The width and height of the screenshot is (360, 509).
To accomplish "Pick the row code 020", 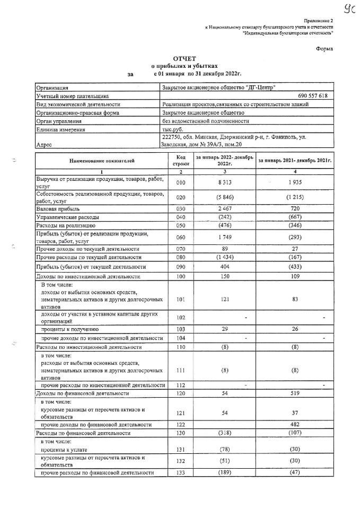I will tap(181, 197).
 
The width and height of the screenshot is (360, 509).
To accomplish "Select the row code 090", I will tap(181, 267).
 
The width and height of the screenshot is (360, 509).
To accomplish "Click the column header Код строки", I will tap(181, 160).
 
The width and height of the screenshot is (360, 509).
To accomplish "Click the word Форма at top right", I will tap(324, 49).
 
